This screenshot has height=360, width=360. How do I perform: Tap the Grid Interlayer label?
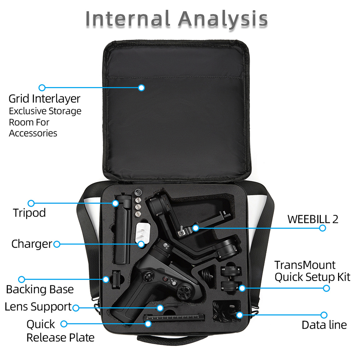(44, 99)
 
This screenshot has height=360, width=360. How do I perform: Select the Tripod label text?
(29, 213)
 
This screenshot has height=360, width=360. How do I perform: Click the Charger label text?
(32, 244)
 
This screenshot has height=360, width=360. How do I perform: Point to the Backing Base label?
(40, 289)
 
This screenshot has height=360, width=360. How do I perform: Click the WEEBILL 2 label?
(313, 219)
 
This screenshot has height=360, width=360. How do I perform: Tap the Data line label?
(324, 325)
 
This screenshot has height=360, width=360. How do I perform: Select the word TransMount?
(305, 265)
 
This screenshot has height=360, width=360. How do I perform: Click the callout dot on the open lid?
(141, 87)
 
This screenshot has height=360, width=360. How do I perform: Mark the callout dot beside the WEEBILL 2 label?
(323, 228)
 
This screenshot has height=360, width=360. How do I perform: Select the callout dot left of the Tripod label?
(31, 203)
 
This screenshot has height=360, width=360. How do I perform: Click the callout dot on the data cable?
(240, 315)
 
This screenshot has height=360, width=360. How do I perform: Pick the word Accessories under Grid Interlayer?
(33, 133)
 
